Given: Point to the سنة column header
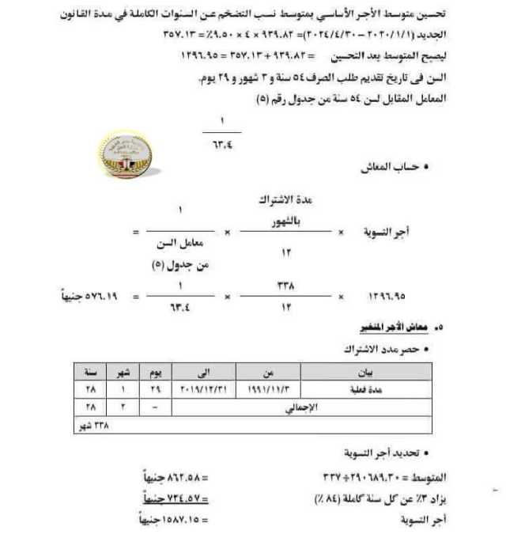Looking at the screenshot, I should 90,372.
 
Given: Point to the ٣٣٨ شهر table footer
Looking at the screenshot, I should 90,426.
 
